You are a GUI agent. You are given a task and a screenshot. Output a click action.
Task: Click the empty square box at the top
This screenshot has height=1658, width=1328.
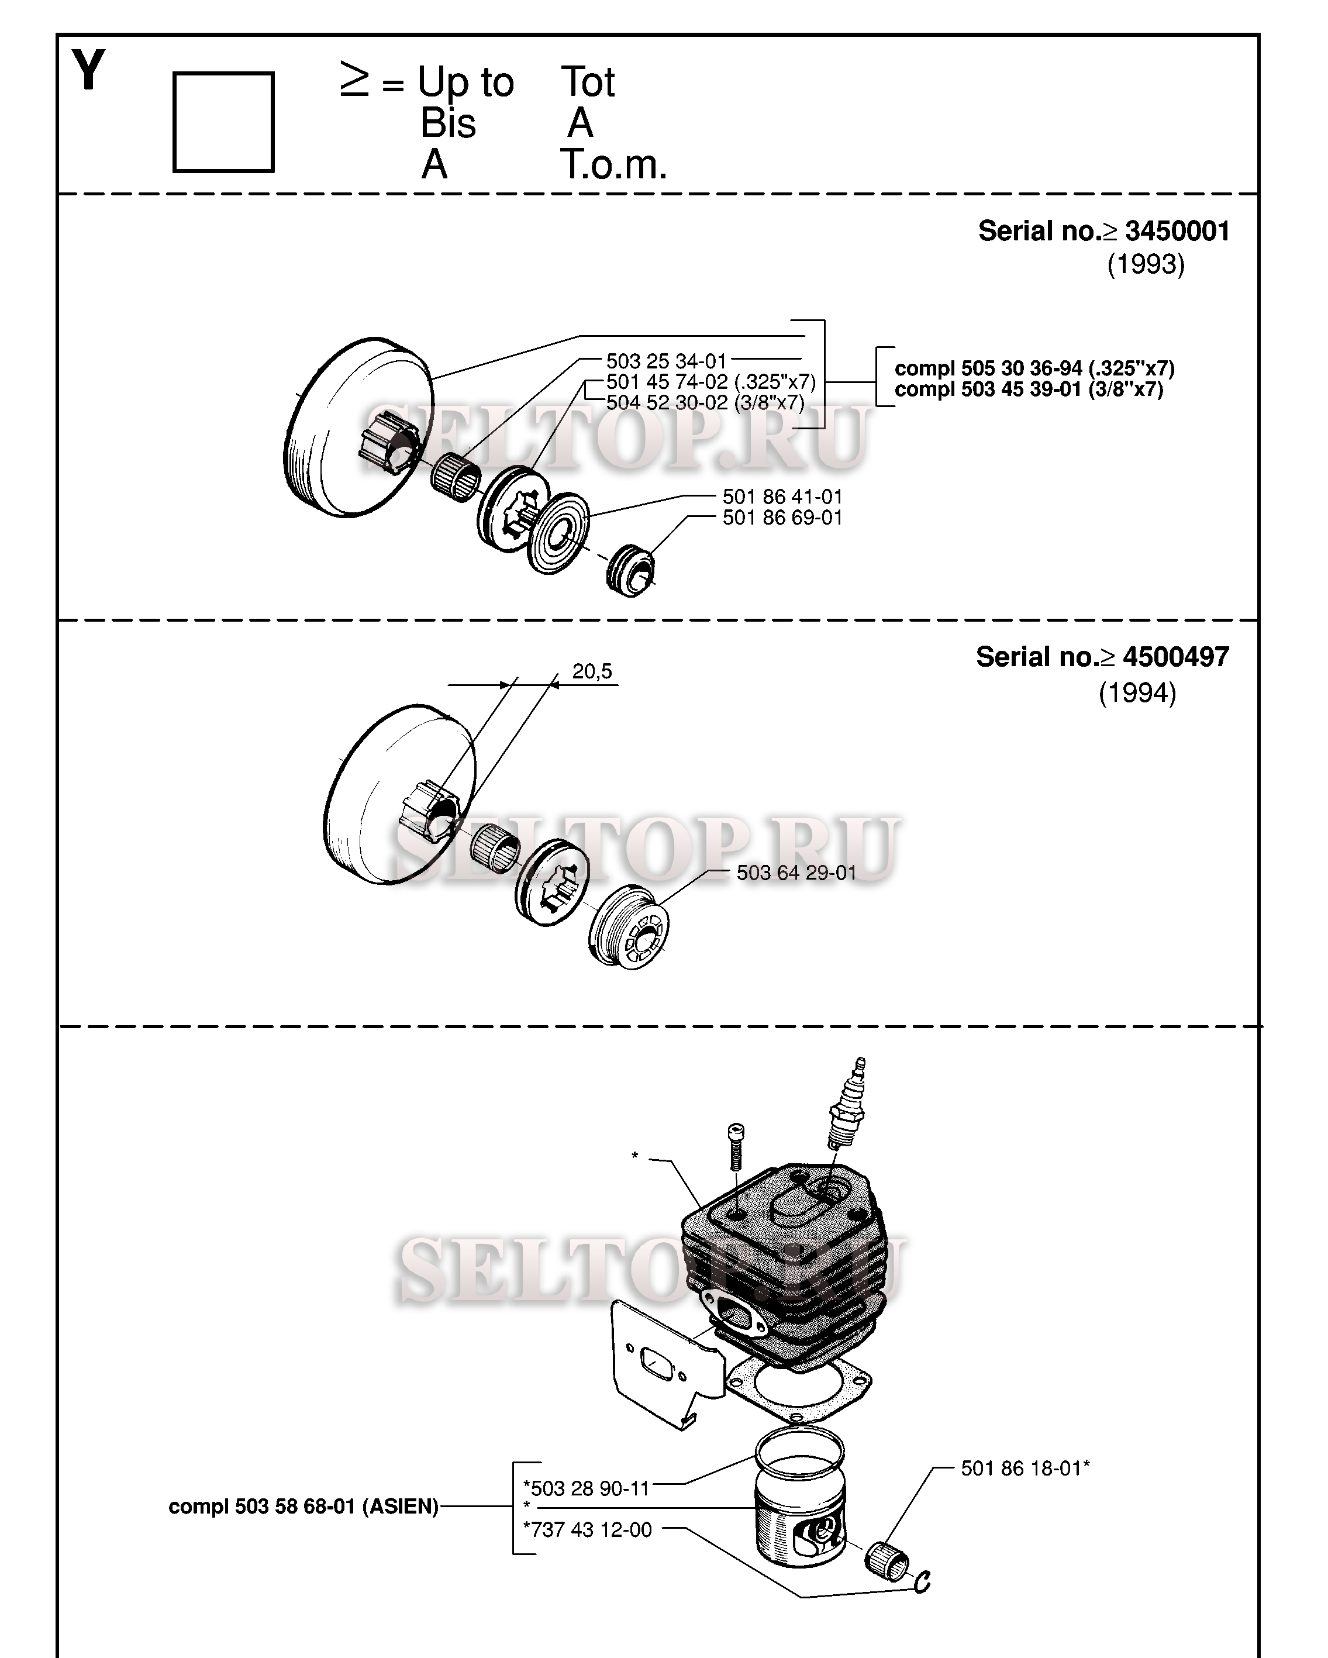click(x=223, y=122)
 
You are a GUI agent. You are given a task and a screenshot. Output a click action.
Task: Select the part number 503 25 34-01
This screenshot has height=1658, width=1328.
click(x=666, y=361)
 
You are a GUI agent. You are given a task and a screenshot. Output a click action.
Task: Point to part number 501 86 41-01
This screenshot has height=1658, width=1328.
click(x=782, y=497)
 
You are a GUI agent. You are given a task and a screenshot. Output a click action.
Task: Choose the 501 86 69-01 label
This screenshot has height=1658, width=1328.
click(x=782, y=518)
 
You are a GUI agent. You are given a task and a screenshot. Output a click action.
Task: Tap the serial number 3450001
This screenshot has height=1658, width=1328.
click(x=1177, y=230)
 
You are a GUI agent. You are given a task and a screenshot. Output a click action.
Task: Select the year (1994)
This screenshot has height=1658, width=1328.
click(x=1137, y=693)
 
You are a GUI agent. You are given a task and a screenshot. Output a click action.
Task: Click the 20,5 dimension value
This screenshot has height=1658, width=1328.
click(x=592, y=671)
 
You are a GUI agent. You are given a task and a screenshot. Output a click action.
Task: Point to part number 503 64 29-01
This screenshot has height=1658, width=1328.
click(x=796, y=873)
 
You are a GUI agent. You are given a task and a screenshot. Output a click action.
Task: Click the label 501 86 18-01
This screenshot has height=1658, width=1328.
click(x=1025, y=1468)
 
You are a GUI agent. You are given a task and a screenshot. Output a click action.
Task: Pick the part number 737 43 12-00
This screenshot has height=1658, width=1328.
click(x=588, y=1529)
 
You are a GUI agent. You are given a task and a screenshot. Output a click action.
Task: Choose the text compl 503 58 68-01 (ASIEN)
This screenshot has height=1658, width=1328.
click(x=303, y=1507)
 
